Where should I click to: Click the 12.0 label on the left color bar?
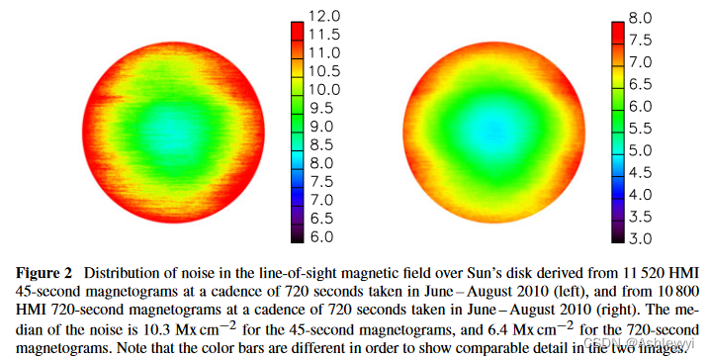pos(325,17)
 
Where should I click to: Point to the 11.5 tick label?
pos(325,34)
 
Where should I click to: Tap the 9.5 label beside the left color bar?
pos(325,108)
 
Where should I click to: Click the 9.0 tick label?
pos(325,127)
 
